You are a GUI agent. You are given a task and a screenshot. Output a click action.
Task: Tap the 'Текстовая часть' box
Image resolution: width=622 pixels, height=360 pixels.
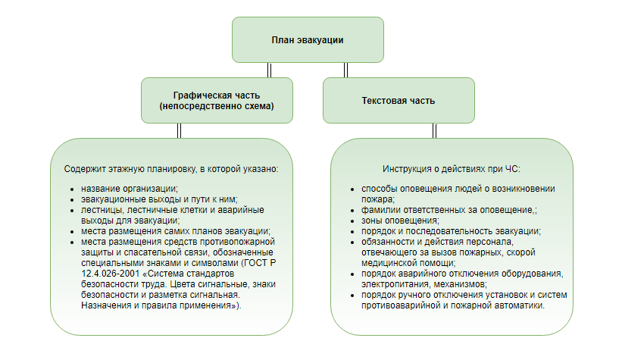399,100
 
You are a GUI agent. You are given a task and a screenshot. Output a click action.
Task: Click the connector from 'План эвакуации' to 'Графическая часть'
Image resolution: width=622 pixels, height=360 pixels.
270,70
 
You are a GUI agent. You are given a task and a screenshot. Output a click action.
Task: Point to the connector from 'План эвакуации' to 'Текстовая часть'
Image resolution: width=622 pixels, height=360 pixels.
345,70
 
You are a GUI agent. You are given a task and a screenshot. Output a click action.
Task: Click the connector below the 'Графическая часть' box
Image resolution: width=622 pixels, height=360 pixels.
180,130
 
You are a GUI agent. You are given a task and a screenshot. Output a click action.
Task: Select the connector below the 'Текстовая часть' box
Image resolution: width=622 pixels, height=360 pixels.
435,130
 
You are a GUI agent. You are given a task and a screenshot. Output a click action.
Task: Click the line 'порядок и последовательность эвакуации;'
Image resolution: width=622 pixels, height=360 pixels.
450,230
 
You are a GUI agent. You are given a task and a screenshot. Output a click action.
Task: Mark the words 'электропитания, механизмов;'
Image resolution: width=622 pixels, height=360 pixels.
424,283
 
